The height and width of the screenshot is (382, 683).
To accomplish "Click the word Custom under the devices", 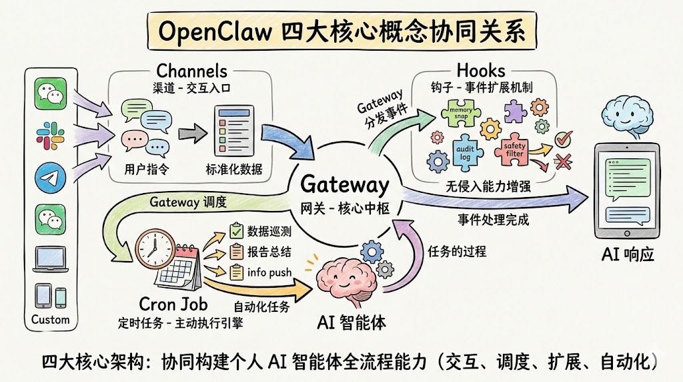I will coord(50,320).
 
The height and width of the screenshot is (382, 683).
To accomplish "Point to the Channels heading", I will coord(192,71).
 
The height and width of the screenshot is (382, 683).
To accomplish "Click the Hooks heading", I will coord(481,70).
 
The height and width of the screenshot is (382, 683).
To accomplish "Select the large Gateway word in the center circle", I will coord(344,184).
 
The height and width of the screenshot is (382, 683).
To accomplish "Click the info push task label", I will coord(268,272).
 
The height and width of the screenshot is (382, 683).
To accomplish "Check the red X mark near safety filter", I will coord(564,161).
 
